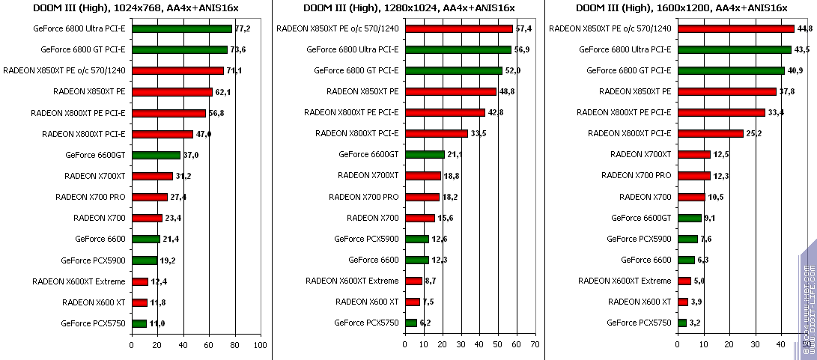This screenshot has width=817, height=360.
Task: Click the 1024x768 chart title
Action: coord(136,7)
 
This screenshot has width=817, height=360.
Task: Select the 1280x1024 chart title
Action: coord(408,7)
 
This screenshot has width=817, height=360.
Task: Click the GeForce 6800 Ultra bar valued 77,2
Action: coord(182,28)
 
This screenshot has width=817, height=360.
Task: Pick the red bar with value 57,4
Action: coord(458,28)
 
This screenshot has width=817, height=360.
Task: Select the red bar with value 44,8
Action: coord(735,28)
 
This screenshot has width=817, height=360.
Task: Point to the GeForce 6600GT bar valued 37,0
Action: coord(155,155)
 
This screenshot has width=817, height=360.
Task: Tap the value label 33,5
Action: coord(479,134)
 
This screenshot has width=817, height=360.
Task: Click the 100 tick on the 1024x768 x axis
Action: coord(260,345)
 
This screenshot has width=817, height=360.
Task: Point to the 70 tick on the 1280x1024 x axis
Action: coord(534,345)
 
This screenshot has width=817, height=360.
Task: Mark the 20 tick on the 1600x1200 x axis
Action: coord(729,345)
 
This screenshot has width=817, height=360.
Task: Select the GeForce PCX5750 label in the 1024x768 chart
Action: coord(94,323)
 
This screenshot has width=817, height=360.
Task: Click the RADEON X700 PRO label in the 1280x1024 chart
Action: coord(363,197)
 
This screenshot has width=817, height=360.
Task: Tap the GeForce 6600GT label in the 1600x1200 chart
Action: coord(641,218)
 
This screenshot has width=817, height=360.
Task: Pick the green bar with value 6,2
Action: coord(410,323)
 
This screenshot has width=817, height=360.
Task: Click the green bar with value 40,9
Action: coord(730,70)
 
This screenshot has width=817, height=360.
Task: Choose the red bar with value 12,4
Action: coord(139,281)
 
